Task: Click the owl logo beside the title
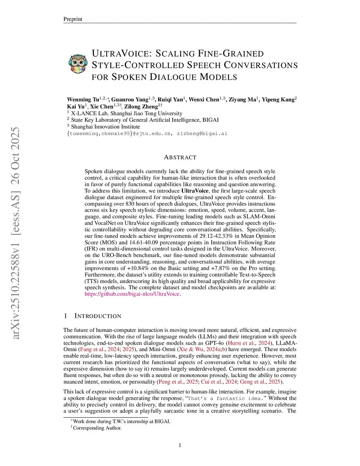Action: click(78, 64)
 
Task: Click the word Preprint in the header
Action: click(73, 19)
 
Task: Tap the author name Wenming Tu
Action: click(83, 100)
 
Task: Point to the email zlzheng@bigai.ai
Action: click(202, 134)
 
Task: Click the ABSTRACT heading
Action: click(180, 157)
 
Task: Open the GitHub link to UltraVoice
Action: click(132, 294)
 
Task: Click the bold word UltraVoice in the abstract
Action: click(195, 191)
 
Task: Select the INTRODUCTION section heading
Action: click(98, 316)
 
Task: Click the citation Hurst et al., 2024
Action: click(249, 343)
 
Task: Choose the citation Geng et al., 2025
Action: click(260, 382)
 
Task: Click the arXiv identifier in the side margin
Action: click(15, 233)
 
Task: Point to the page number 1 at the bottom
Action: click(180, 446)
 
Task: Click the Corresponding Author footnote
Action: click(97, 428)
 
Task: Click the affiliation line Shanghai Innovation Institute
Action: click(105, 127)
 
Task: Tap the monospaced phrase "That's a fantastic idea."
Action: click(225, 398)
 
